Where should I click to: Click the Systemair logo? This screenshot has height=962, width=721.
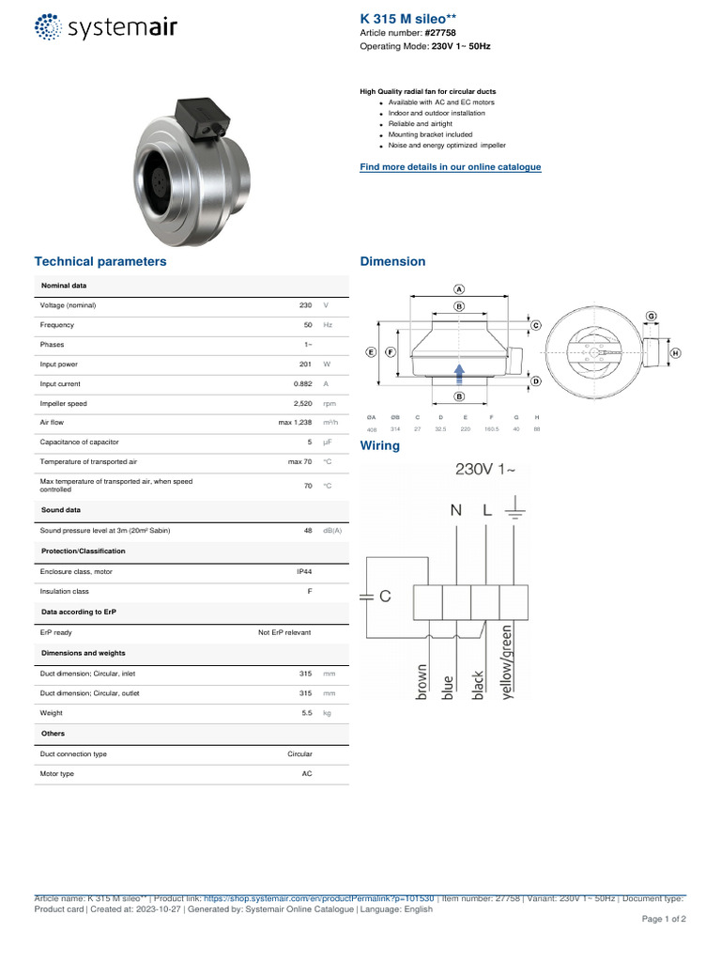coord(104,27)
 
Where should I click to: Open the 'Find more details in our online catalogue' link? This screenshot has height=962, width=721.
coord(451,167)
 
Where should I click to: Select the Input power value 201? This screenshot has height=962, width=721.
coord(305,365)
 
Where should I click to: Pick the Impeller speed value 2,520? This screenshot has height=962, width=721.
coord(302,404)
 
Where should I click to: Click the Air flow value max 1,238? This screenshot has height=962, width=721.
coord(295,424)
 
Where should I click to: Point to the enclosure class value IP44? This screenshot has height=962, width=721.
coord(303,571)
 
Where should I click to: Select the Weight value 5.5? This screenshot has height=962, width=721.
coord(306,714)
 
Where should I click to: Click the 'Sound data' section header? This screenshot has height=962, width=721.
coord(61,510)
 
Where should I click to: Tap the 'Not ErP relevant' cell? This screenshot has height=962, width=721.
coord(284,633)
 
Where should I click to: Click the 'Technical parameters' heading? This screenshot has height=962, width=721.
coord(100,262)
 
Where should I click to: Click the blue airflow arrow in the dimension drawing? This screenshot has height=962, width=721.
coord(459,374)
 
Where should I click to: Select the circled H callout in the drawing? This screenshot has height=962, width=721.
coord(676,353)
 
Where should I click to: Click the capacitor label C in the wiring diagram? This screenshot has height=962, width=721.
coord(385,597)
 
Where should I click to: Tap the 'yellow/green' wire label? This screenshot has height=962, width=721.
coord(508,663)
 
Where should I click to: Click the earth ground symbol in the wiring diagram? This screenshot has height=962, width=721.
coord(514,512)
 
